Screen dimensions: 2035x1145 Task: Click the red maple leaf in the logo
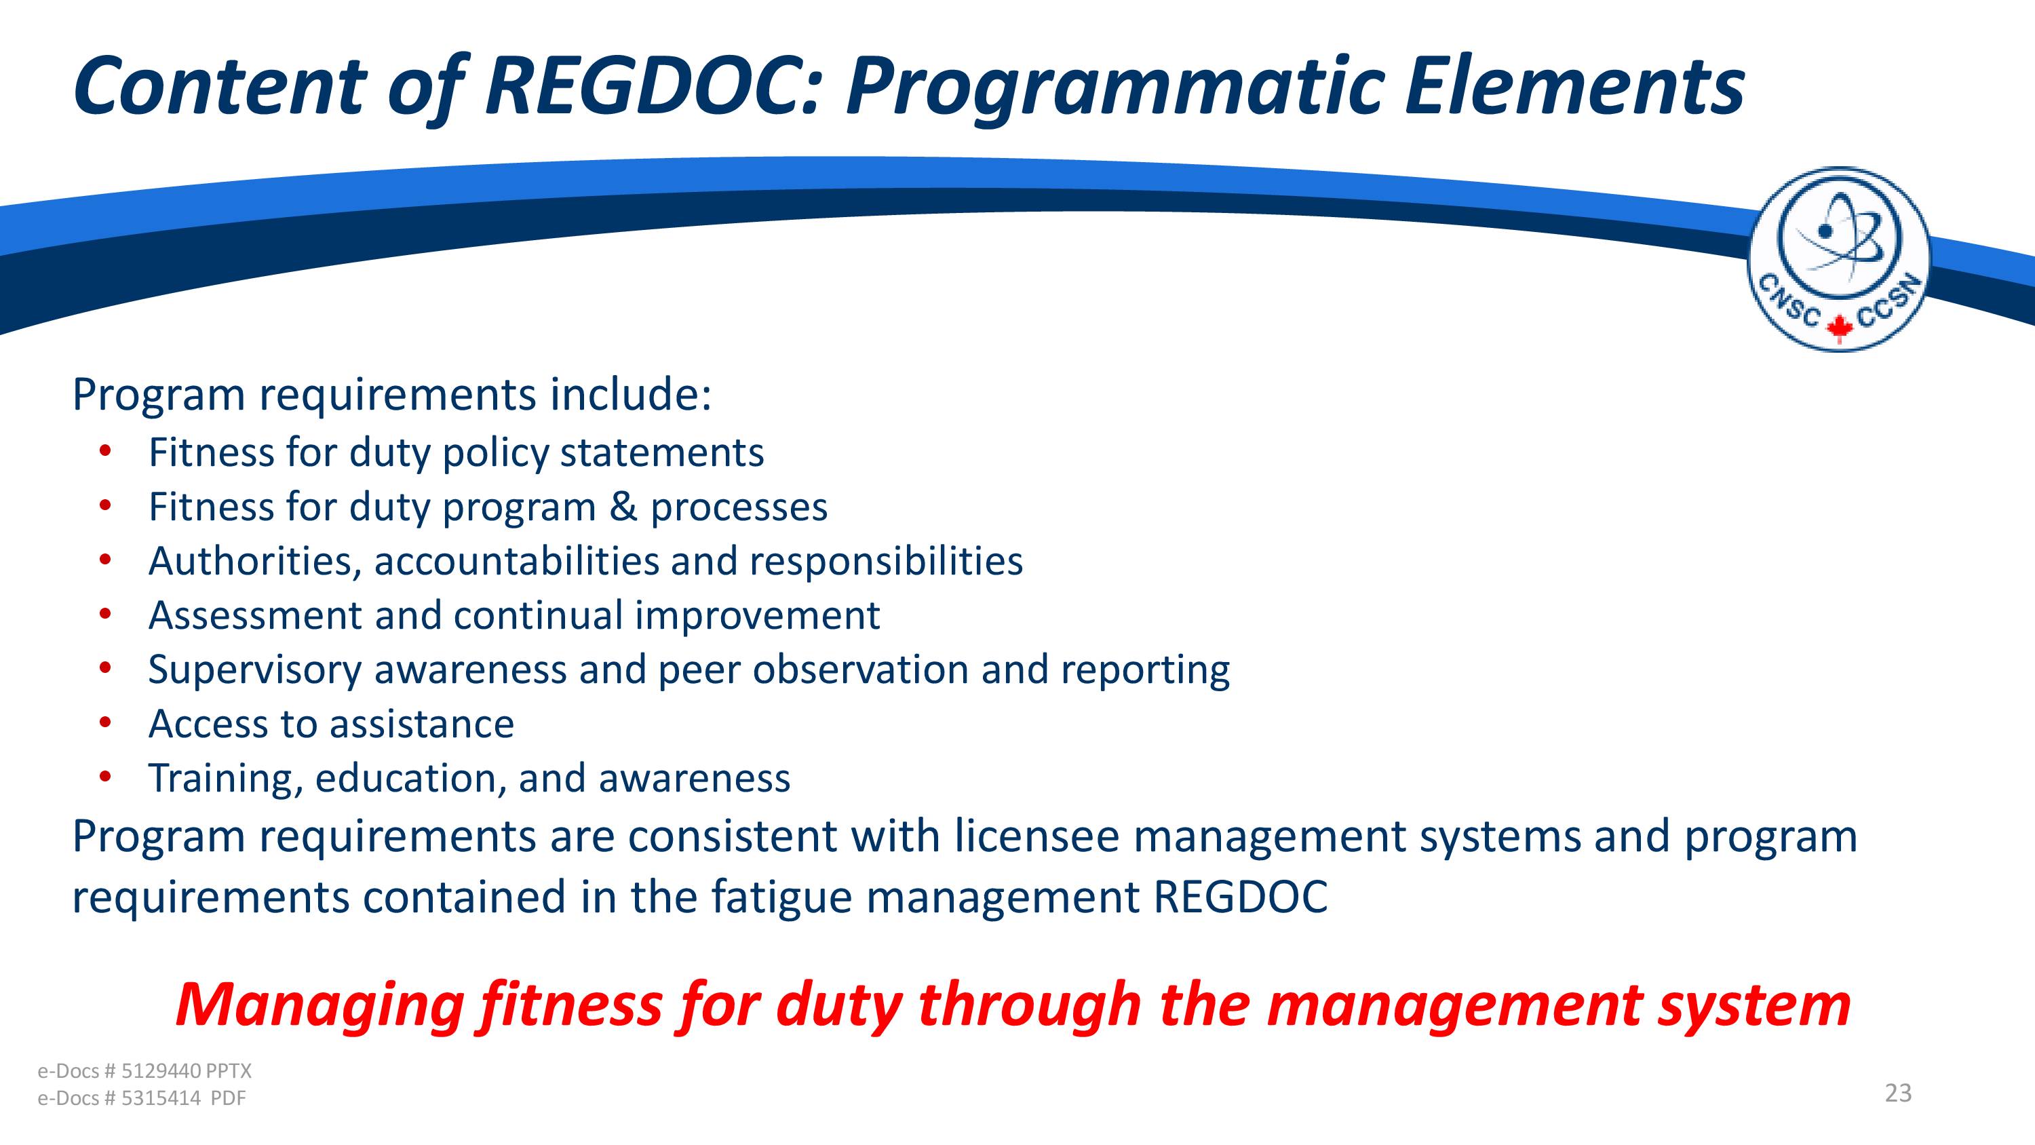click(x=1839, y=327)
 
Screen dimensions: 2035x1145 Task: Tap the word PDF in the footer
click(x=229, y=1098)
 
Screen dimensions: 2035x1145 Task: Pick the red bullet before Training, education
click(x=106, y=776)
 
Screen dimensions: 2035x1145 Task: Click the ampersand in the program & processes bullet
click(x=623, y=507)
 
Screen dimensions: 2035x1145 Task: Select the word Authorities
click(x=255, y=562)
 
